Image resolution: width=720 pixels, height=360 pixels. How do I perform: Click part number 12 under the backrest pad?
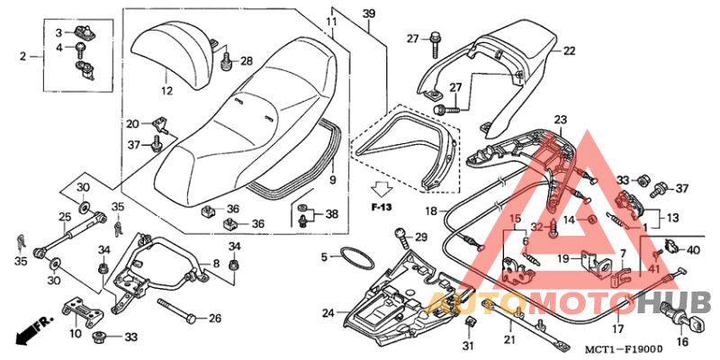166,91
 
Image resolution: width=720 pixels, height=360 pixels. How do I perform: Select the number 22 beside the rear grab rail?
569,51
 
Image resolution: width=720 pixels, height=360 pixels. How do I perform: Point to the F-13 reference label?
382,207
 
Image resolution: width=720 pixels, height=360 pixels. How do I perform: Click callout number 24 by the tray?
328,313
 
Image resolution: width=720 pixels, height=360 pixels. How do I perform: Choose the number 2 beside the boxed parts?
23,57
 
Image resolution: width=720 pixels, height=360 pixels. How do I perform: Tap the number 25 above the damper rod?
65,217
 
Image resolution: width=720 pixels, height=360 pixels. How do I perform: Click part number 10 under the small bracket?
75,333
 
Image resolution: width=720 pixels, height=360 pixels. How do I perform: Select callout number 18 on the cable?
430,211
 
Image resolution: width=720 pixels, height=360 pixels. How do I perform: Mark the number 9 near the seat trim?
331,180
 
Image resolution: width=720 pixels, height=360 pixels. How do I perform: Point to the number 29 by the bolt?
420,238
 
